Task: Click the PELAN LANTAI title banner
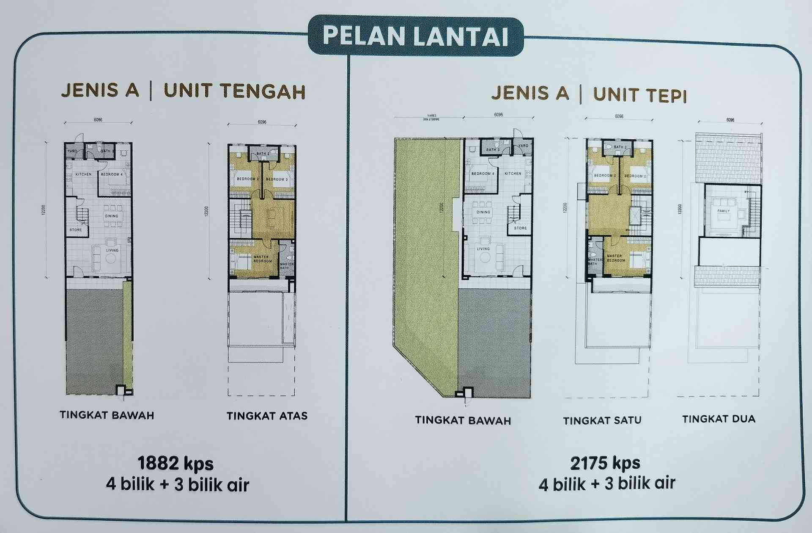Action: tap(415, 36)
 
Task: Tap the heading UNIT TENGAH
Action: tap(235, 91)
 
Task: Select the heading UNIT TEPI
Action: tap(639, 95)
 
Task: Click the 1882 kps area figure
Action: tap(176, 464)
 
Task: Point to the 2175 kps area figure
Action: tap(605, 463)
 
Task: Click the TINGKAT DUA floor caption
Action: tap(719, 419)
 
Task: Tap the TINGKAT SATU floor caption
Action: tap(602, 420)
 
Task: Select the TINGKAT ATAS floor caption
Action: tap(267, 416)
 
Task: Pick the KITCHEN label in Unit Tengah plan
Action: tap(83, 174)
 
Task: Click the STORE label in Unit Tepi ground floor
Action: tap(520, 228)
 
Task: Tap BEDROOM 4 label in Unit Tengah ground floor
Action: tap(112, 174)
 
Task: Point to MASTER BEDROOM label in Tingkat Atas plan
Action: tap(262, 259)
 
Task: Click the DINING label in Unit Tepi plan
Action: tap(483, 212)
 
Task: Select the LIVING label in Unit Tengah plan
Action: tap(112, 250)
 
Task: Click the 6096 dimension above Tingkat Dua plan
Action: tap(730, 120)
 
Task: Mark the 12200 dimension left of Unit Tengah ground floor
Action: tap(43, 210)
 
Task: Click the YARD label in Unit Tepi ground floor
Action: tap(523, 146)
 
